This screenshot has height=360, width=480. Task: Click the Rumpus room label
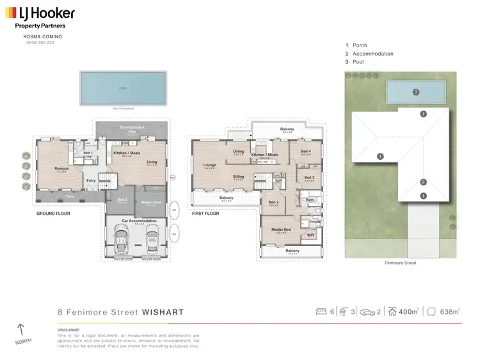(61, 169)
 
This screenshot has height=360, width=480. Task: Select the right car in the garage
(152, 241)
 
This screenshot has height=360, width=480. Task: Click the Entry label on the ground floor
(91, 181)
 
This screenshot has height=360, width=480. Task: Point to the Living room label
(152, 162)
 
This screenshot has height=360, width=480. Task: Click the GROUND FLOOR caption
(52, 214)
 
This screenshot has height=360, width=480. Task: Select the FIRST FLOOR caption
(205, 214)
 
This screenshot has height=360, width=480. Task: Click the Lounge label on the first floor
(209, 165)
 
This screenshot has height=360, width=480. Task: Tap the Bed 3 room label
(309, 178)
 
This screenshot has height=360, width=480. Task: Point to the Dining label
(239, 152)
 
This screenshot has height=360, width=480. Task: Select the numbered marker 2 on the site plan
(423, 182)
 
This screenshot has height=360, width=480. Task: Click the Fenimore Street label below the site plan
(400, 263)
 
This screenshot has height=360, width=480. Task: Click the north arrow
(20, 331)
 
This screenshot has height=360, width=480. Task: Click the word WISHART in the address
(163, 313)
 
